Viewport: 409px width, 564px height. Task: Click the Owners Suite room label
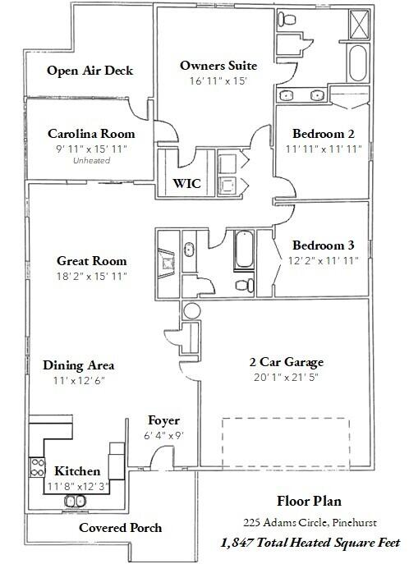[x=218, y=65]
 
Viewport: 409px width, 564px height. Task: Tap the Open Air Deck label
[x=90, y=71]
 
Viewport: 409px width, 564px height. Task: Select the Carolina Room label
[x=90, y=134]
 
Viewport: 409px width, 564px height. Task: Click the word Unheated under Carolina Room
[x=91, y=161]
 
